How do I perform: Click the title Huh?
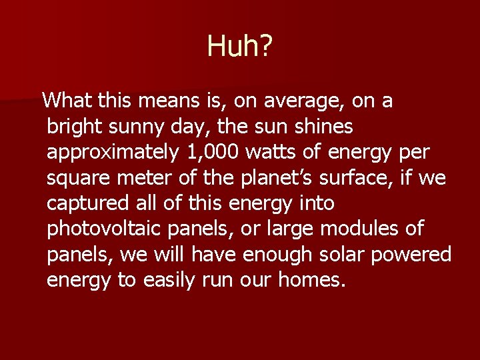coord(240,46)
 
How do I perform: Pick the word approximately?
coord(113,153)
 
